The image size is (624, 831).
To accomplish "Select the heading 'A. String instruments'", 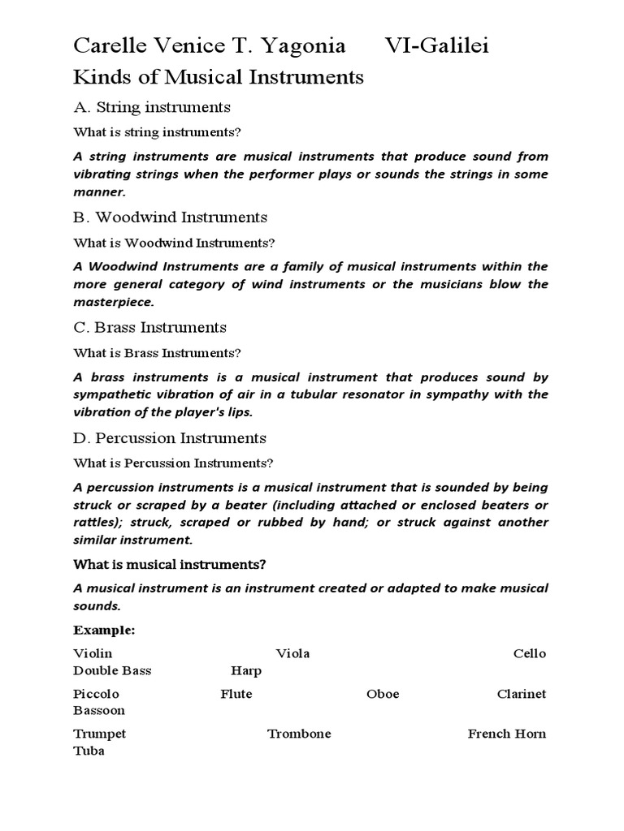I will pos(152,107).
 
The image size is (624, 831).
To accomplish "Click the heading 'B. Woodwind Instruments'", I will pos(170,217).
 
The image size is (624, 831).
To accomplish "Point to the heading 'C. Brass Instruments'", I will pos(149,328).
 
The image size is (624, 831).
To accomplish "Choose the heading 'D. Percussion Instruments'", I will pos(170,438).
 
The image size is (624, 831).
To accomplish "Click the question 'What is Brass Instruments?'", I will pos(158,353).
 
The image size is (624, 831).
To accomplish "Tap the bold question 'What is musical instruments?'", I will pos(170,563).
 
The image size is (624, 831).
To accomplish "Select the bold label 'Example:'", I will pos(104,630).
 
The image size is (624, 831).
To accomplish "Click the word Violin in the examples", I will pos(93,653).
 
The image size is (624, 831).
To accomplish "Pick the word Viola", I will pos(292,653).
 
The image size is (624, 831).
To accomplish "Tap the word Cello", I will pos(530,653).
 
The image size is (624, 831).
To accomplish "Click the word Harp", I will pos(245,671).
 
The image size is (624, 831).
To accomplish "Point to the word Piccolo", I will pos(96,694).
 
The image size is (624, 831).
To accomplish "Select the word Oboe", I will pos(383,694).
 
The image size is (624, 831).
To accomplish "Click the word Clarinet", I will pos(522,694).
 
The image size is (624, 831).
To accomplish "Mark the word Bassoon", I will pos(99,711).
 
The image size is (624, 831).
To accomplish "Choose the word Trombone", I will pos(299,734).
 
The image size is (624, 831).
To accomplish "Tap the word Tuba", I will pos(89,751).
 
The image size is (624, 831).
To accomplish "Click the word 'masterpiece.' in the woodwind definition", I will pos(113,301).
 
